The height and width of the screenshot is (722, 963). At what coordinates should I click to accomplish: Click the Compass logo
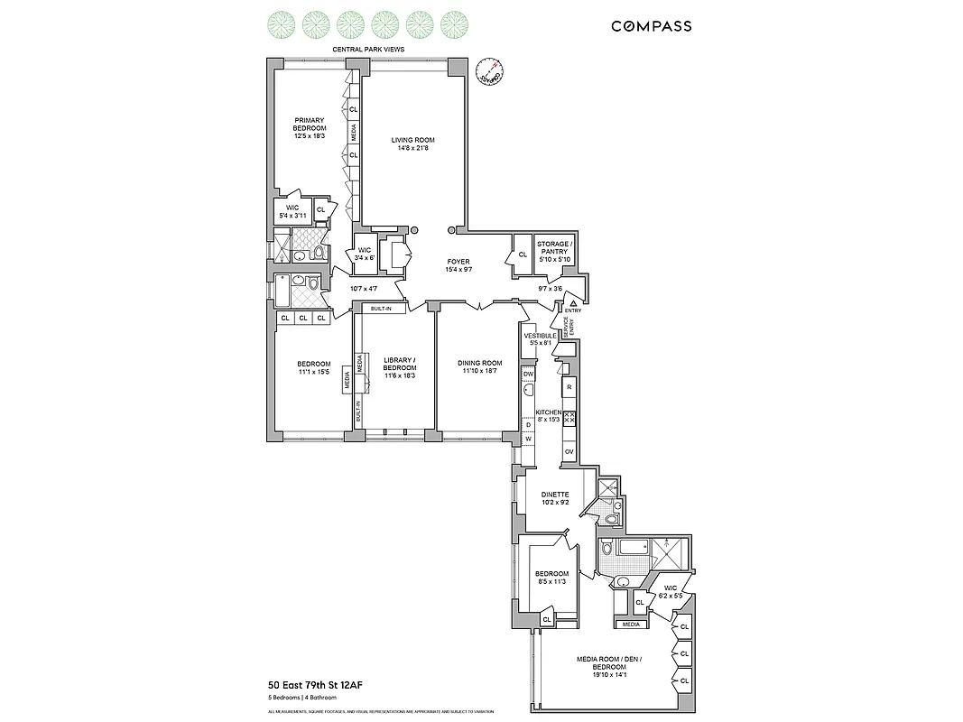tap(651, 26)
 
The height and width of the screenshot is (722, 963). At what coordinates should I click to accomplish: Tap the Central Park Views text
tap(367, 49)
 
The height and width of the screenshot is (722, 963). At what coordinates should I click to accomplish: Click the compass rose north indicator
tap(488, 71)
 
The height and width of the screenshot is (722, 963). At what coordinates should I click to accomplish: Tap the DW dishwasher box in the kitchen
tap(529, 374)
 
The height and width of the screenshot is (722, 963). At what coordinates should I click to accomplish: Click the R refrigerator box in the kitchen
tap(569, 388)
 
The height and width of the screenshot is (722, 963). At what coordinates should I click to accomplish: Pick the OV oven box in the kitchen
tap(569, 450)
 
